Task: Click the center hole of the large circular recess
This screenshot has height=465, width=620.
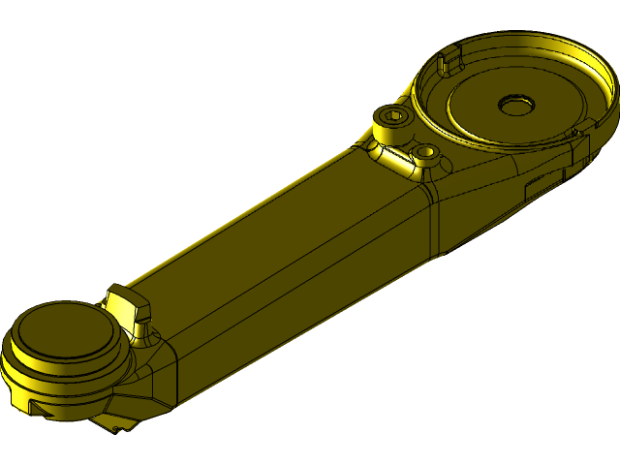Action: [x=511, y=103]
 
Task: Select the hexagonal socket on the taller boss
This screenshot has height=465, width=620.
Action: [x=392, y=118]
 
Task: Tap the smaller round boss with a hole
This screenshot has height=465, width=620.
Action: [x=424, y=152]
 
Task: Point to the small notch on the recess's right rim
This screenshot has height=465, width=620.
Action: [x=579, y=132]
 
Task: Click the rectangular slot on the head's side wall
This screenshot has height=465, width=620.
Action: [x=543, y=185]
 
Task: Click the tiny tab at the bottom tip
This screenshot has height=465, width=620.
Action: [x=116, y=427]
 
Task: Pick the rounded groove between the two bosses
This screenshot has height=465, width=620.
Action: [x=401, y=155]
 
